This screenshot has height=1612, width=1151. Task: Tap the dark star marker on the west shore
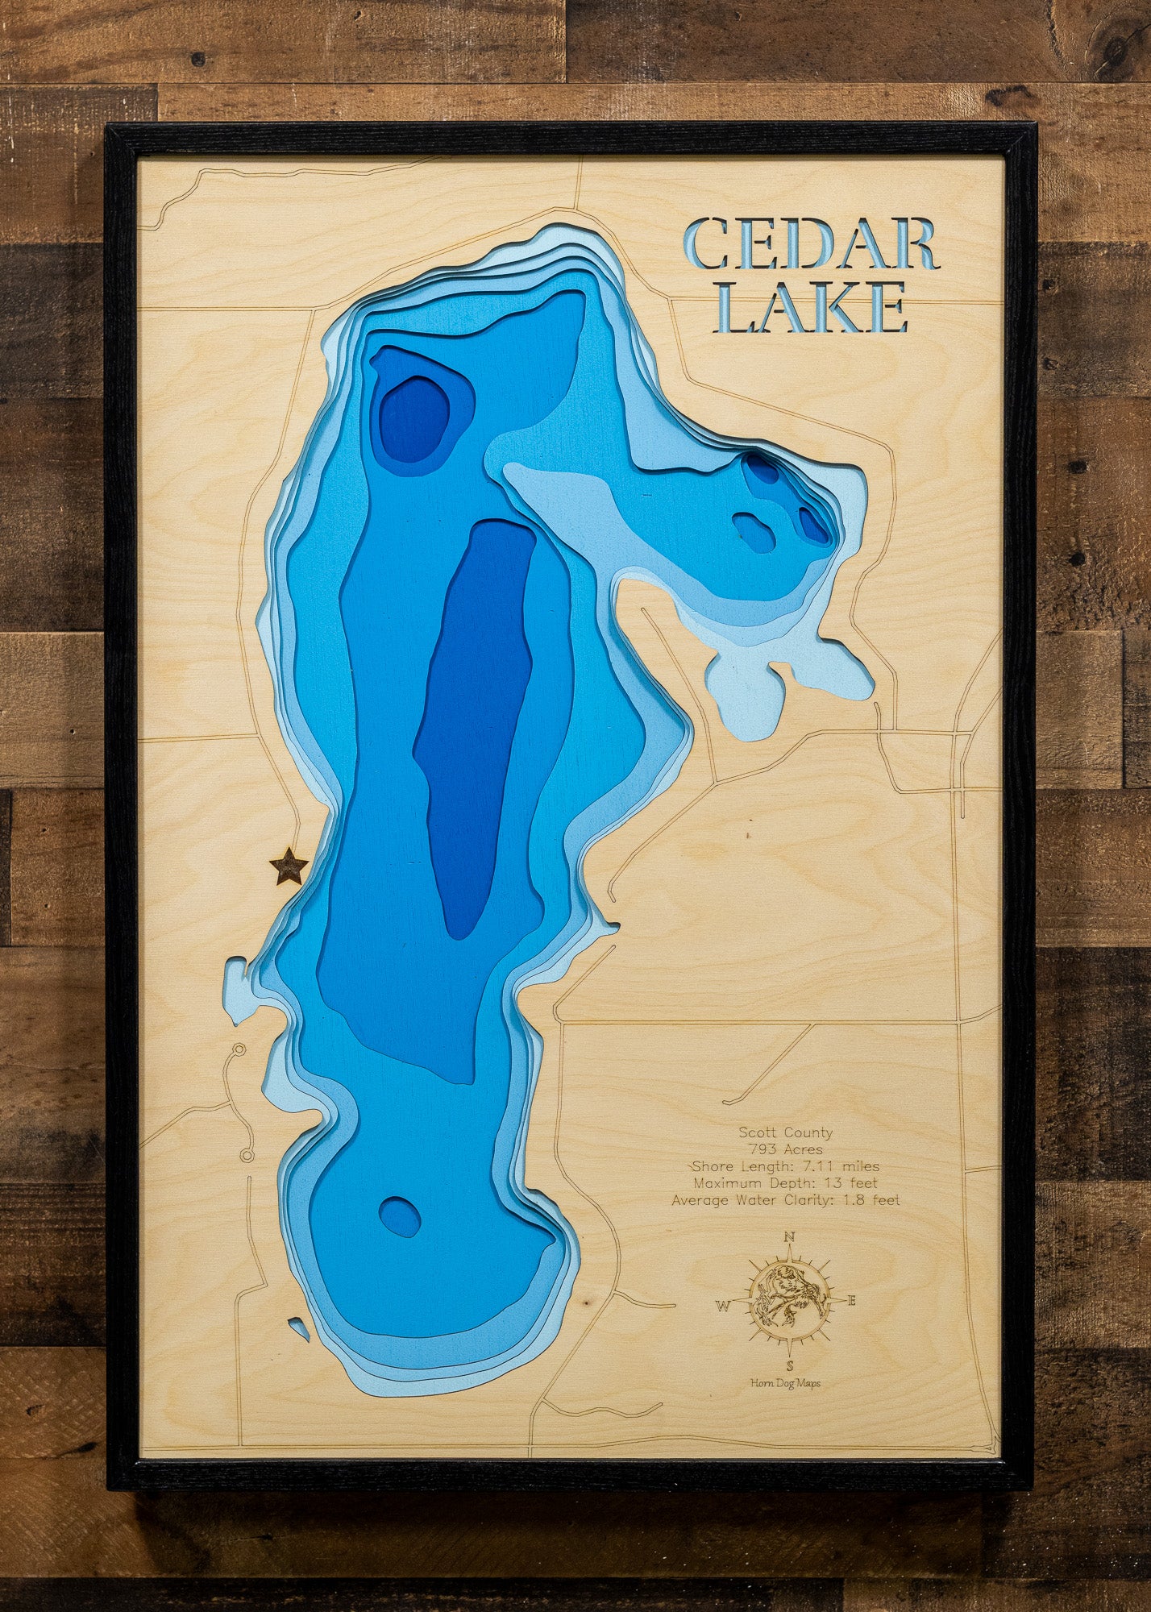[x=288, y=867]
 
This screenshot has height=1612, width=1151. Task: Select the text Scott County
[x=786, y=1132]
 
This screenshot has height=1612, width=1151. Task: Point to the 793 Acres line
[x=786, y=1149]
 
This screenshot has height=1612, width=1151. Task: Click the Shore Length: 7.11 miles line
[x=786, y=1166]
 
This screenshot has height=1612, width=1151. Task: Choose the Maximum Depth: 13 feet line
[x=786, y=1183]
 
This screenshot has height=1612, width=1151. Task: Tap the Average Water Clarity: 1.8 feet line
[x=786, y=1200]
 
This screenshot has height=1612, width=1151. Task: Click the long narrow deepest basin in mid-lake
[x=476, y=725]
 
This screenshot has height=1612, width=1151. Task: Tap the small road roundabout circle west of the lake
[x=238, y=1050]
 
